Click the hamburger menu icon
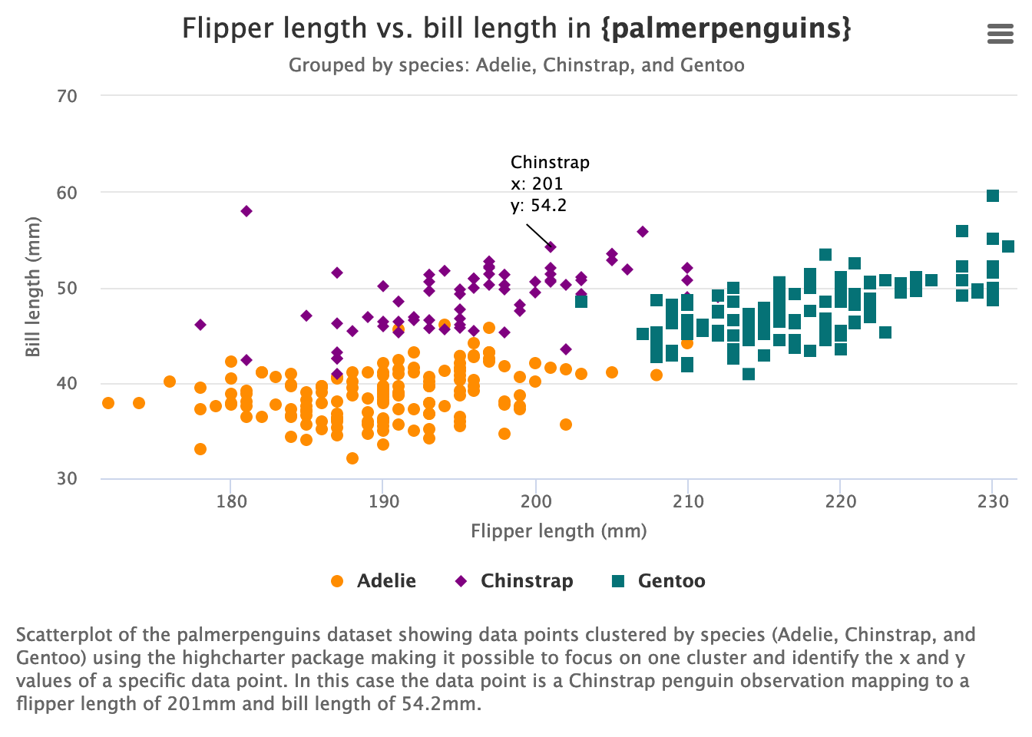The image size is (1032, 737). tap(1000, 34)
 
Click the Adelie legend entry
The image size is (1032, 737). tap(373, 581)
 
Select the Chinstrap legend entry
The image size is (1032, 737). tap(514, 581)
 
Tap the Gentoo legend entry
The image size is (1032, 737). tap(659, 581)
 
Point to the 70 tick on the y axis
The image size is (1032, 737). tap(67, 96)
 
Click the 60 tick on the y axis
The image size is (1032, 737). tap(67, 193)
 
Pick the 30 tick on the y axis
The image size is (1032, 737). tap(67, 478)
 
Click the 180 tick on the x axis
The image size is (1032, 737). tap(231, 502)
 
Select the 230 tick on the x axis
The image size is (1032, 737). tap(992, 502)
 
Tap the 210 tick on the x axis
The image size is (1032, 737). tap(687, 502)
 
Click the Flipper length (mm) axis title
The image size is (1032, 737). tap(558, 531)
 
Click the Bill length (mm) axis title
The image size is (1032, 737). tap(32, 287)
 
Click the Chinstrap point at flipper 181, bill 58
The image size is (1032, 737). tap(246, 211)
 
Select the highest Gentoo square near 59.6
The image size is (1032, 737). tap(992, 196)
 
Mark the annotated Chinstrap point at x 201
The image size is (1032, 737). tap(551, 246)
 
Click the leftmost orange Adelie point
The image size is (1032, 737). tap(108, 403)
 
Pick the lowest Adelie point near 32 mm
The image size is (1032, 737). tap(352, 458)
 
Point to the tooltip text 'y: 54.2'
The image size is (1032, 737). tap(538, 206)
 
